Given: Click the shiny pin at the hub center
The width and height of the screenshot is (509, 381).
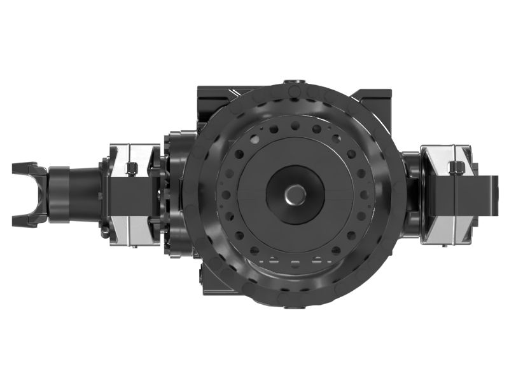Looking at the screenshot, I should coord(295,194).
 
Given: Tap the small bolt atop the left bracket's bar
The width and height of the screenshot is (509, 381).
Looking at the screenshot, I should coord(131,168).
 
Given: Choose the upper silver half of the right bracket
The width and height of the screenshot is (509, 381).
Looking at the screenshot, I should coord(444,155).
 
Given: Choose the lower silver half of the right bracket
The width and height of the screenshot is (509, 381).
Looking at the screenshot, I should coord(444,229).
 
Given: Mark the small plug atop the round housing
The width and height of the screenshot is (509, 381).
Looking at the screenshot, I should coord(295,83).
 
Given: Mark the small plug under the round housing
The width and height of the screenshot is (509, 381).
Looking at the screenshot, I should coord(293,309).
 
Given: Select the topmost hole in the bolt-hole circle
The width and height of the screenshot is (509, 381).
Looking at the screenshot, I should coord(295,126).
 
